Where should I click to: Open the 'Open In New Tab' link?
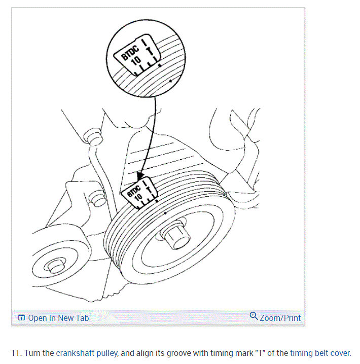click(58, 318)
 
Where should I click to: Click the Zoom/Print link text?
click(280, 318)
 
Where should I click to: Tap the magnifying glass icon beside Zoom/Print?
click(254, 316)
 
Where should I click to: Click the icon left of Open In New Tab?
click(21, 318)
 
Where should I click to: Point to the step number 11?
click(16, 353)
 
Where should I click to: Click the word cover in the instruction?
click(340, 353)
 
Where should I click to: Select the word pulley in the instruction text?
click(107, 353)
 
